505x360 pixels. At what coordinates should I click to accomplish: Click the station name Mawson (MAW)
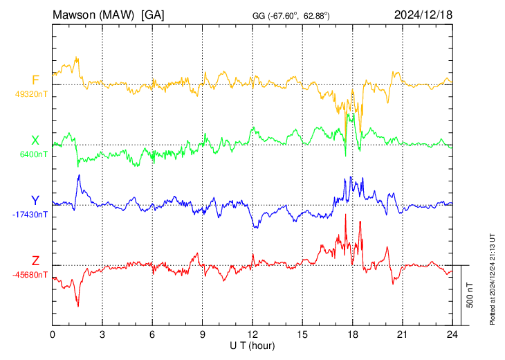pos(93,15)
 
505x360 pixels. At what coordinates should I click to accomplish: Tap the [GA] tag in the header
pos(153,15)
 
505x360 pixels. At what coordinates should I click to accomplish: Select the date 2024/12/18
pos(423,15)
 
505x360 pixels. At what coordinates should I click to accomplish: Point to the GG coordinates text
pos(291,16)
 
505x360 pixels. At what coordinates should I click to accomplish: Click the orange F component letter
pos(35,80)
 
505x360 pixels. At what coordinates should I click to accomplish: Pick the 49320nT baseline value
pos(31,94)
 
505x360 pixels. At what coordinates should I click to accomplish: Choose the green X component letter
pos(35,141)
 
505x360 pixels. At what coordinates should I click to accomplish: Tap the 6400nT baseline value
pos(34,154)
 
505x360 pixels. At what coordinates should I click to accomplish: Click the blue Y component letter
pos(35,201)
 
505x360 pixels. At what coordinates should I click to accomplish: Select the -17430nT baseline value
pos(30,215)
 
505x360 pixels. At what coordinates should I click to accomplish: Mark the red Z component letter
pos(35,260)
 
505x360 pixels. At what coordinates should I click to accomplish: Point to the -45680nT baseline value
pos(30,275)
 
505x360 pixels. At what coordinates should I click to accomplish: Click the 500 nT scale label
pos(470,295)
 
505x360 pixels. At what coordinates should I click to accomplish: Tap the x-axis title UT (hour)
pos(252,346)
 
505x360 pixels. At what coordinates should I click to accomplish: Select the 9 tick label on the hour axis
pos(202,335)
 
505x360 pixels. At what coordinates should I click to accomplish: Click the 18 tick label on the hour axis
pos(352,335)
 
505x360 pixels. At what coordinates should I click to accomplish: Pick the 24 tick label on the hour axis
pos(452,335)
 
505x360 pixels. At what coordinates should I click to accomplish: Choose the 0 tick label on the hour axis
pos(52,335)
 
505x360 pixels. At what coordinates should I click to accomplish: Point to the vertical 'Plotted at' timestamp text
pos(492,279)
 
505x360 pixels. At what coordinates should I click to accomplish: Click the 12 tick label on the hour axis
pos(252,335)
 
